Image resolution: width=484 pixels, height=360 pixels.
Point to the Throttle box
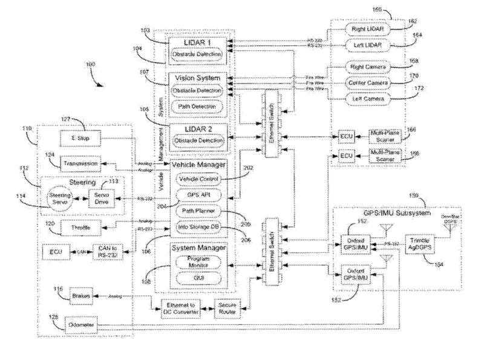tap(76, 227)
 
